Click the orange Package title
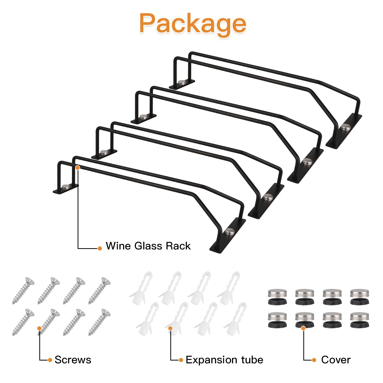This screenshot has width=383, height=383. (193, 24)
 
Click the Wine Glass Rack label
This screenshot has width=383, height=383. (148, 246)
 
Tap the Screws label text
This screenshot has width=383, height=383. (73, 360)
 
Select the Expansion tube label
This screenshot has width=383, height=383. (224, 360)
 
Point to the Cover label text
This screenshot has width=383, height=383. (336, 360)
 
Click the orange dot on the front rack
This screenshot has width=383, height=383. (78, 167)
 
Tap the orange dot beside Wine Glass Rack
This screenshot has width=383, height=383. (100, 248)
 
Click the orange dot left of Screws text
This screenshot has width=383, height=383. (50, 360)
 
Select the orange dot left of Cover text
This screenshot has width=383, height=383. (314, 360)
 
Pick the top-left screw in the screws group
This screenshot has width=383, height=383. (23, 291)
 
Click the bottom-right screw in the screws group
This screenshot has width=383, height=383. (99, 322)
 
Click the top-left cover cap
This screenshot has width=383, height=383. (277, 297)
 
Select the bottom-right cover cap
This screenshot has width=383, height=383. (360, 320)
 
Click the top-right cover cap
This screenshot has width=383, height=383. (360, 297)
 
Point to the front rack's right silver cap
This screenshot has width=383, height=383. (230, 231)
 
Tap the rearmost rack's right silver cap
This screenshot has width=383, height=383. (346, 127)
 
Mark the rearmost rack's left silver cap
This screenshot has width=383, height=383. (182, 82)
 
